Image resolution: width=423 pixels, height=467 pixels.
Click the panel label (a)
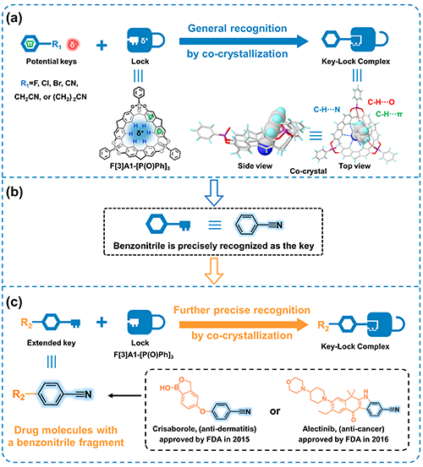click(x=14, y=19)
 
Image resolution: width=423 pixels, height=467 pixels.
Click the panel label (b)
click(x=14, y=192)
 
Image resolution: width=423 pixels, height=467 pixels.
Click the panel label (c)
click(x=14, y=302)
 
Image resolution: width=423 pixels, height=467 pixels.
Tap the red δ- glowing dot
click(x=73, y=45)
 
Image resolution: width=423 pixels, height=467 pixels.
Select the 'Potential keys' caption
click(x=52, y=62)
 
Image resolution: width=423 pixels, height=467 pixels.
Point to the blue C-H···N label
click(x=327, y=110)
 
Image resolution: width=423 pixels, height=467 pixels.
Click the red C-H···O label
click(x=381, y=102)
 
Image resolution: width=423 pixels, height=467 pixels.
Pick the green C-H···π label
click(x=389, y=114)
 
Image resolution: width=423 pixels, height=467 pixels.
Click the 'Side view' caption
click(x=255, y=166)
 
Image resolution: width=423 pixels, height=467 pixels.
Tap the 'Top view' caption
click(x=354, y=166)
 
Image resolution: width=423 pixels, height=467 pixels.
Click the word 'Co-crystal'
click(x=308, y=171)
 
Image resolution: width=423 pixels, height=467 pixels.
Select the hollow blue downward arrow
click(x=214, y=193)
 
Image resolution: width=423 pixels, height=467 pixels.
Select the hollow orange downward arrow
click(x=214, y=271)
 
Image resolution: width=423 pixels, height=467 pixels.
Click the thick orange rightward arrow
click(x=244, y=324)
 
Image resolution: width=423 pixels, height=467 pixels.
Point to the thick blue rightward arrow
click(x=244, y=41)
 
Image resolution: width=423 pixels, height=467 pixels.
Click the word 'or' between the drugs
click(x=275, y=411)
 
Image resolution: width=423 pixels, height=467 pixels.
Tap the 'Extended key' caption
click(x=52, y=343)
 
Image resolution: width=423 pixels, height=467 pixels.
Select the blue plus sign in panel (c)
click(x=102, y=323)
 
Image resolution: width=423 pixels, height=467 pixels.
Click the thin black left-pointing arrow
click(x=124, y=395)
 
